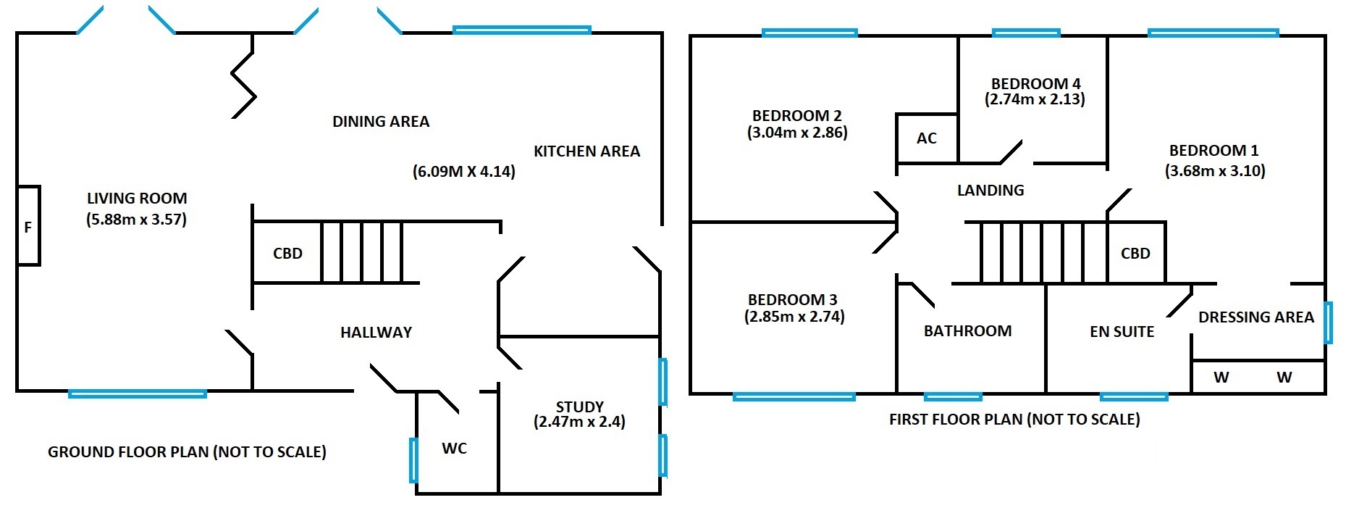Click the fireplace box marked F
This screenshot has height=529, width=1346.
coord(28,226)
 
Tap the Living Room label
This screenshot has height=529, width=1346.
coord(137,199)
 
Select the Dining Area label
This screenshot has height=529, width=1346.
coord(381,122)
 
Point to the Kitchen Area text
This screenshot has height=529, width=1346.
coord(586,151)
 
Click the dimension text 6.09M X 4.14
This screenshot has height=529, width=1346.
coord(464,172)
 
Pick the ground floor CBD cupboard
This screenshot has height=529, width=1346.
coord(287,253)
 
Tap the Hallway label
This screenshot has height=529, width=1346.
coord(376,333)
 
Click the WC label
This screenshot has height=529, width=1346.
coord(454,449)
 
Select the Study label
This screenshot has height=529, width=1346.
coord(579,407)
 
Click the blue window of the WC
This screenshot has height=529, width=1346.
coord(413,459)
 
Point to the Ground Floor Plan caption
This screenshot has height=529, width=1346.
coord(187,452)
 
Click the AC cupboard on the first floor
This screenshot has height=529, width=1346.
coord(927,138)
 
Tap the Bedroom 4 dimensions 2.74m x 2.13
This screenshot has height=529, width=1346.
coord(1035,99)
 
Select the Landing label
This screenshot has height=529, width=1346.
coord(990,191)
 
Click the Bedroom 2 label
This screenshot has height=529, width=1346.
coord(796,116)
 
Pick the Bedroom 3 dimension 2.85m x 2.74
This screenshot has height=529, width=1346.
coord(794,317)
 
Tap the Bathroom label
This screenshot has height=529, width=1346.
coord(967,331)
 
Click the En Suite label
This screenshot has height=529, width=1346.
coord(1122,332)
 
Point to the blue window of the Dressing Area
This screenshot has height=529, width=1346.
coord(1328,322)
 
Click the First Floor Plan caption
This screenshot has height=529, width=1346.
coord(1014,420)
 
